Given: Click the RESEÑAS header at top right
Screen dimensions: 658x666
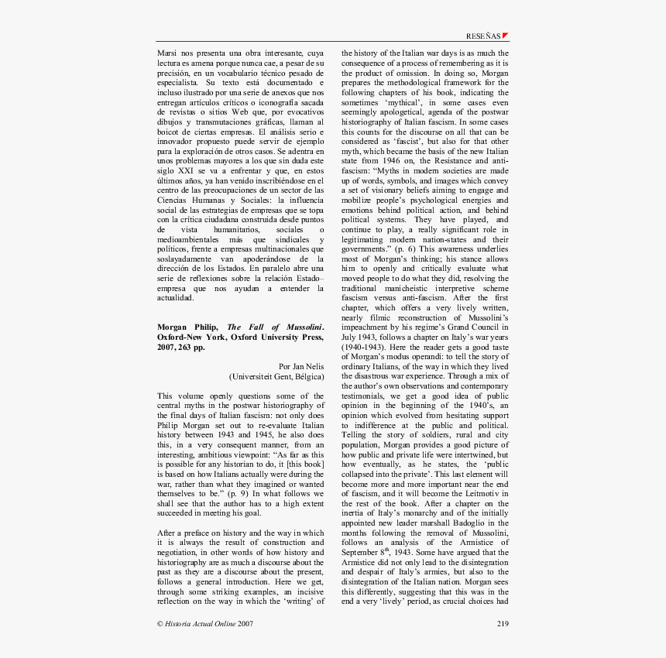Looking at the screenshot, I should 483,36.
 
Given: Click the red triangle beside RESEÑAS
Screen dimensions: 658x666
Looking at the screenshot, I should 506,36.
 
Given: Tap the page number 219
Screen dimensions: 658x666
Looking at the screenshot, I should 502,622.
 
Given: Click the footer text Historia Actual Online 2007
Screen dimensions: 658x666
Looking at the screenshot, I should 205,622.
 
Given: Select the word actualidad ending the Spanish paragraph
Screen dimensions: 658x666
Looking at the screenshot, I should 176,297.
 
